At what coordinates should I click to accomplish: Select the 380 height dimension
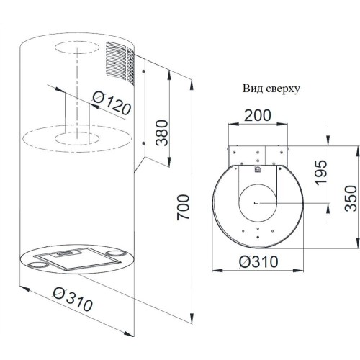coord(161,132)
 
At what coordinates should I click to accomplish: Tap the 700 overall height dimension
coord(183,207)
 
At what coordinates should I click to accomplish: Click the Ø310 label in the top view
coord(258,261)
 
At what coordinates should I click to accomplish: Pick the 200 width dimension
coord(258,115)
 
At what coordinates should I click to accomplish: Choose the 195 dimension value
coord(321,173)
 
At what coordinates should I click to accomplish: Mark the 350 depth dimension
coord(351,198)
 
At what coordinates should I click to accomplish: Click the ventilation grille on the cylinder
coord(120,63)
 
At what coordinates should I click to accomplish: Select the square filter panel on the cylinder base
coord(76,258)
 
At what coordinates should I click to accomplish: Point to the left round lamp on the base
coord(38,265)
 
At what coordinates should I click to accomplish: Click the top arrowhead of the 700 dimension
coord(192,85)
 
